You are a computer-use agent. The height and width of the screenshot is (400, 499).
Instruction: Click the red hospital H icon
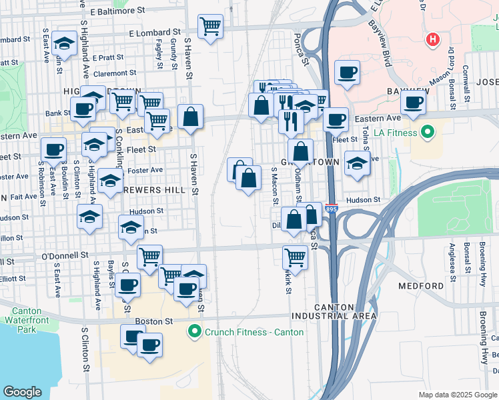433,40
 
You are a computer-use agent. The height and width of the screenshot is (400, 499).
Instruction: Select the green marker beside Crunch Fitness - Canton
195,331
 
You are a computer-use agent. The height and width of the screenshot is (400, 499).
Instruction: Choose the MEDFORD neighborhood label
420,286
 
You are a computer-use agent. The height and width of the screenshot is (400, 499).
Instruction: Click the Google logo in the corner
22,391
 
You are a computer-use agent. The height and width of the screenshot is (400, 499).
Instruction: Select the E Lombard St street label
155,31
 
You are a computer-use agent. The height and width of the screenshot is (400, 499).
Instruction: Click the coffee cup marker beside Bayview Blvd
346,73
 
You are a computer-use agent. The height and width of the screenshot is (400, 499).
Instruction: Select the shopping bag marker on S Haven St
190,116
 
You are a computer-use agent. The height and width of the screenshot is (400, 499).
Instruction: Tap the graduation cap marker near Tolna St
357,163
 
